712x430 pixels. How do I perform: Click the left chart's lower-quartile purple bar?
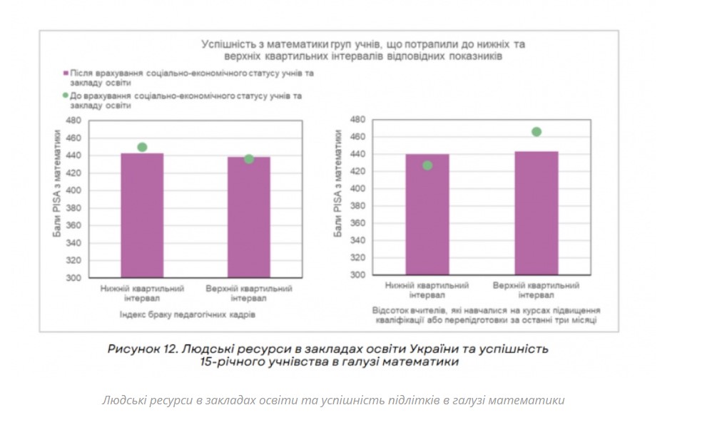142,215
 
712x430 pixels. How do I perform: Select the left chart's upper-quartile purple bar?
249,217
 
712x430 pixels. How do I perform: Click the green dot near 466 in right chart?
536,132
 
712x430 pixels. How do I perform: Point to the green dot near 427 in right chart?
427,165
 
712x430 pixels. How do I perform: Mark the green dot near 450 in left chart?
142,148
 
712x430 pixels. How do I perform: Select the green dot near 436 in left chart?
249,159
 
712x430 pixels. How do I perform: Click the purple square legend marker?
65,73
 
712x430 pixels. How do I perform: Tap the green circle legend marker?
65,95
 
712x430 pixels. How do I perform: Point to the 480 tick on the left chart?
74,121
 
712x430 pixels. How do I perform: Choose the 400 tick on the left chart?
74,190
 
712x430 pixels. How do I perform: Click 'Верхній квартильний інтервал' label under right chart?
536,290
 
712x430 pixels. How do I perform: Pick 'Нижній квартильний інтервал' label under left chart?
142,293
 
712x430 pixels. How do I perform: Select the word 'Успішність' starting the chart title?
225,44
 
